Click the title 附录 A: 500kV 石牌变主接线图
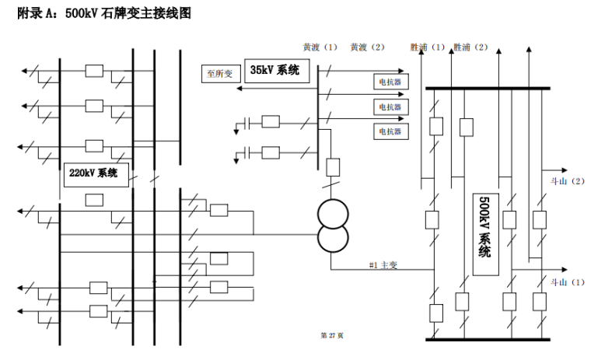103,14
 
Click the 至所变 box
219,75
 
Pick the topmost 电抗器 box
390,81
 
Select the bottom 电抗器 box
390,131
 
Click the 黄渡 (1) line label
321,47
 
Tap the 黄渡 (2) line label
368,47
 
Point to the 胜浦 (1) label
428,47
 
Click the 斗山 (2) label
567,181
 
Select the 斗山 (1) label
567,282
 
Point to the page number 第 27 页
332,335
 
